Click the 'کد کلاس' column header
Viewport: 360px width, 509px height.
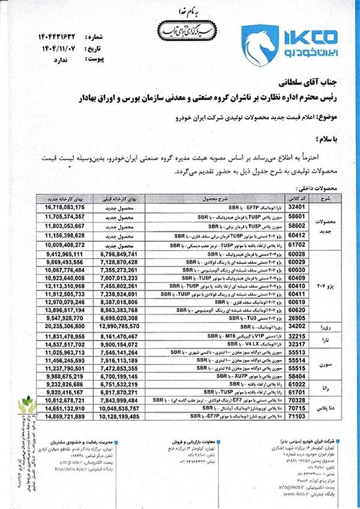(x=293, y=197)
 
